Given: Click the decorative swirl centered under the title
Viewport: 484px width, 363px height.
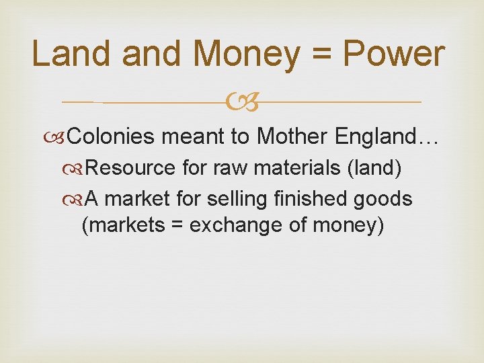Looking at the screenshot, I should pyautogui.click(x=241, y=102).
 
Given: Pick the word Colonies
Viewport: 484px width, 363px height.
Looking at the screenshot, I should pyautogui.click(x=112, y=137).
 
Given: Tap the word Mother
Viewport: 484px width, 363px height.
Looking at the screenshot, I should pyautogui.click(x=291, y=137).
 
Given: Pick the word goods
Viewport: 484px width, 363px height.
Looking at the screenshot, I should pyautogui.click(x=388, y=200).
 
